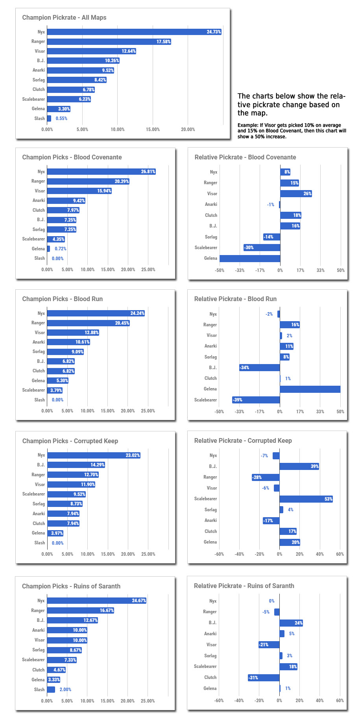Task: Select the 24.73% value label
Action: [x=214, y=32]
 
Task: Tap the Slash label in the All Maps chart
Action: [x=39, y=118]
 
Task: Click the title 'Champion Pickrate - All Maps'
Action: [x=64, y=17]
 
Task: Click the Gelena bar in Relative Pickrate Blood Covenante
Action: [x=250, y=259]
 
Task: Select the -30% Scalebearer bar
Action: [x=262, y=248]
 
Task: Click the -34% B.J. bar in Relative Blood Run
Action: [x=260, y=368]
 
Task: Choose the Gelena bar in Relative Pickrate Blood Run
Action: [x=310, y=389]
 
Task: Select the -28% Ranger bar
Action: [x=266, y=477]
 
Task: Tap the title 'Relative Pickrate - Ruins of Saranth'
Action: [x=244, y=586]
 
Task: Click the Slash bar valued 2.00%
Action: [x=51, y=690]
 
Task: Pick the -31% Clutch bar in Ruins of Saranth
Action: [x=264, y=678]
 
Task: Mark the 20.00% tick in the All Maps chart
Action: [x=188, y=129]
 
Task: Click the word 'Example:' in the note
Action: [x=248, y=125]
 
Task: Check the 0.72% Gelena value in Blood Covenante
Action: [x=61, y=249]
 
